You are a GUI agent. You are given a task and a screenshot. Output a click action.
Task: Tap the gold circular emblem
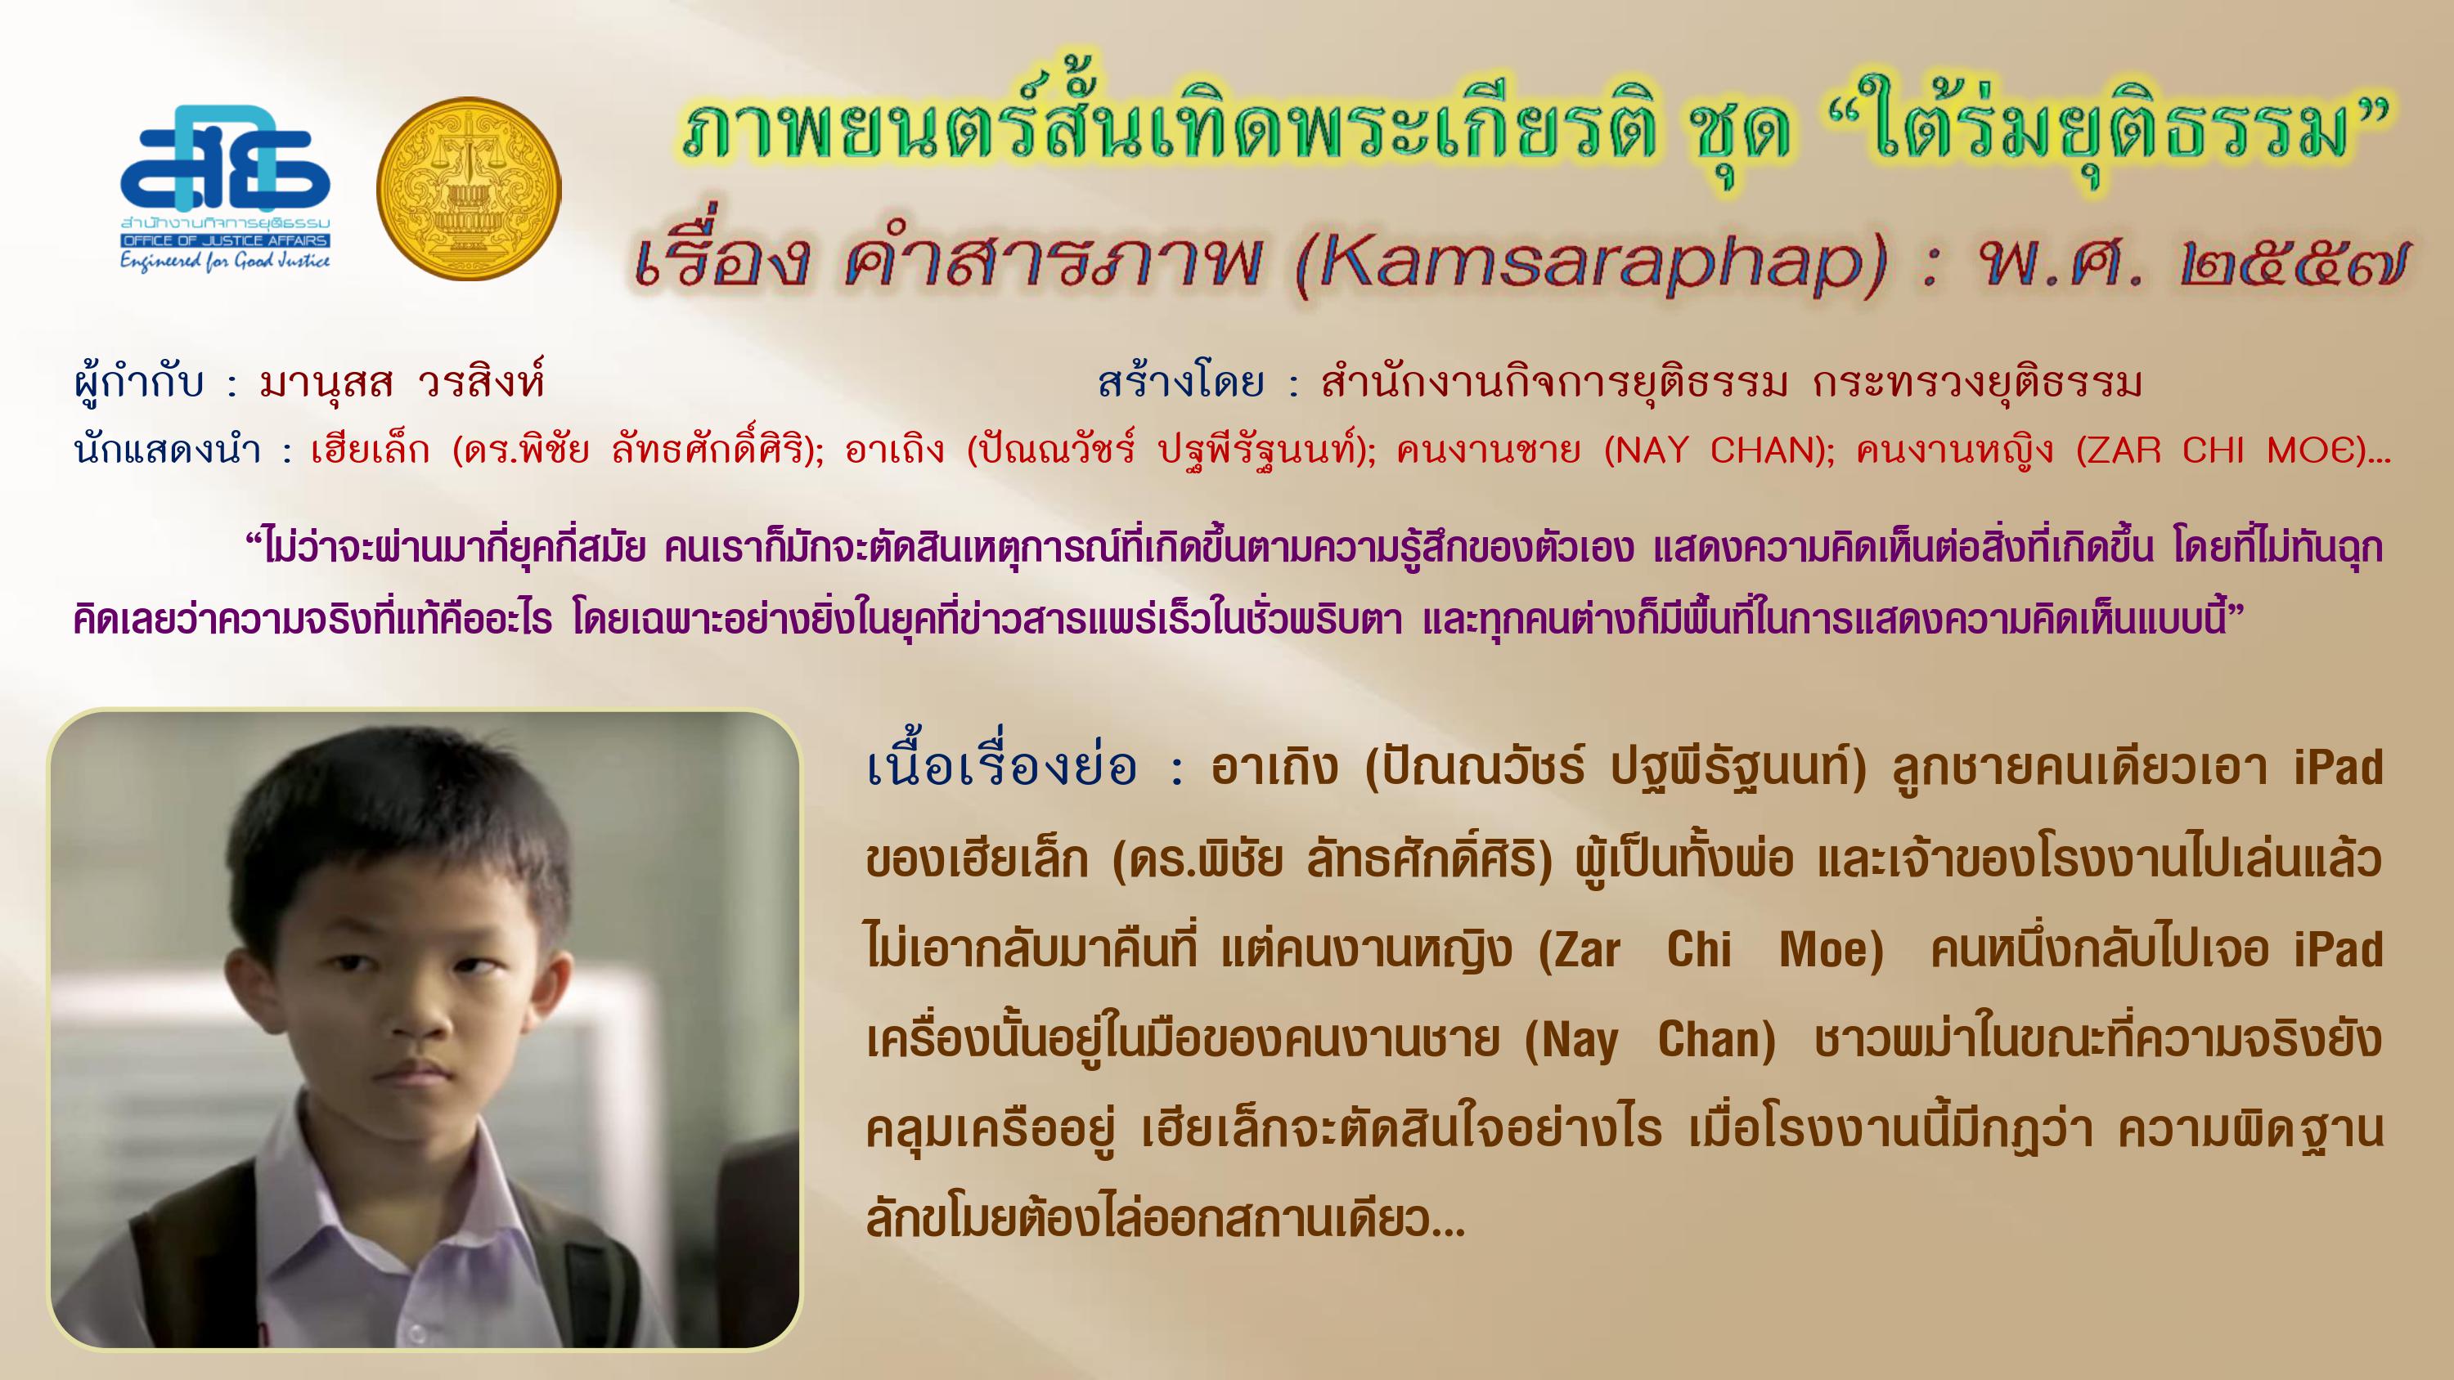pos(469,189)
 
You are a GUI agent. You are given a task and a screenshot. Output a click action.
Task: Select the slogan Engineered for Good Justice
pos(225,260)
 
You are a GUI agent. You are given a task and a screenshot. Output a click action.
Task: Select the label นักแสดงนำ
pos(167,450)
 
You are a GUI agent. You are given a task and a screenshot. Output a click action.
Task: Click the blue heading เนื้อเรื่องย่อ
pos(1002,767)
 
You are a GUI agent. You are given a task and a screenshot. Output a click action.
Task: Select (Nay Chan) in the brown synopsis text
pos(1649,1041)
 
